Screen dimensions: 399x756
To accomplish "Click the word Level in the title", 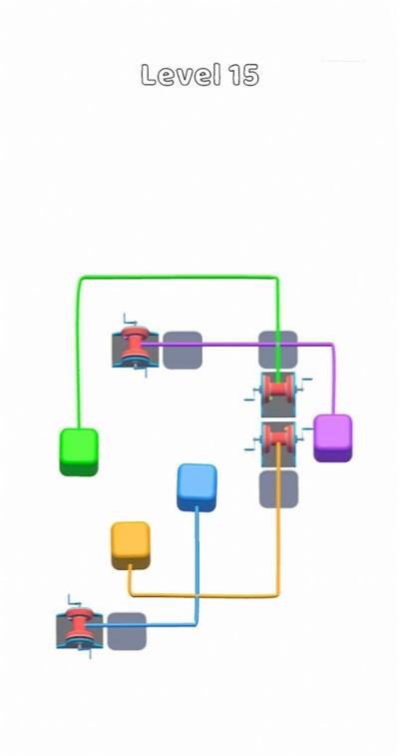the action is (x=181, y=75).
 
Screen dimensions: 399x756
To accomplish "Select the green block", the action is (x=79, y=451).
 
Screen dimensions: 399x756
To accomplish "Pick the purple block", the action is (x=333, y=437).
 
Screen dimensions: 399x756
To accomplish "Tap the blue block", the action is (x=197, y=487).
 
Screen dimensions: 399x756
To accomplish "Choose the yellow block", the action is (x=131, y=545).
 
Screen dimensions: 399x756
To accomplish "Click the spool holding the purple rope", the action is (x=136, y=346).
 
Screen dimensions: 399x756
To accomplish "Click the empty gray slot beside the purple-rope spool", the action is (x=183, y=350).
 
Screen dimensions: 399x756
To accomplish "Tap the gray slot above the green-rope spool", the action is (x=278, y=350).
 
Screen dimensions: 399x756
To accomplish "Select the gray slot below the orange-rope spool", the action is (x=278, y=489).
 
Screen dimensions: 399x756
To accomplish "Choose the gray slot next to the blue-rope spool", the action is (x=127, y=631).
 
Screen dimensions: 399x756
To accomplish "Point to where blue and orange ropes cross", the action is (x=197, y=596).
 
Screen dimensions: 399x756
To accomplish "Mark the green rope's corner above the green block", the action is (x=81, y=279).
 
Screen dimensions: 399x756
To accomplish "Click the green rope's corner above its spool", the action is (x=276, y=279).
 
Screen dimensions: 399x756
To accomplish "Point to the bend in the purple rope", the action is (x=331, y=345).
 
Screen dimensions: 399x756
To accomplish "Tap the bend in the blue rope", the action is (x=196, y=624).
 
